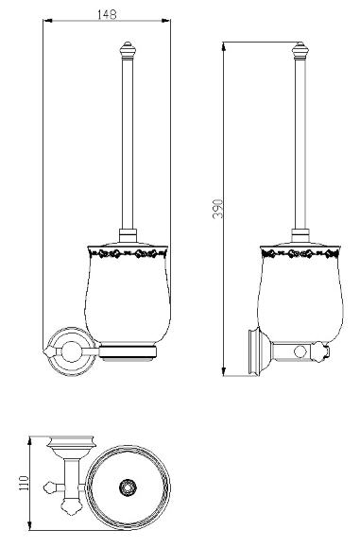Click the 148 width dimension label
[107, 15]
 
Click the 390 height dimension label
[217, 209]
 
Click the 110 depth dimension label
[24, 483]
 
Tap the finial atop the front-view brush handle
[127, 51]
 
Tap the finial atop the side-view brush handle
[300, 51]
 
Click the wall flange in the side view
[254, 352]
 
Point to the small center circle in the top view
[128, 487]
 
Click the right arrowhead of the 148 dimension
[166, 21]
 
